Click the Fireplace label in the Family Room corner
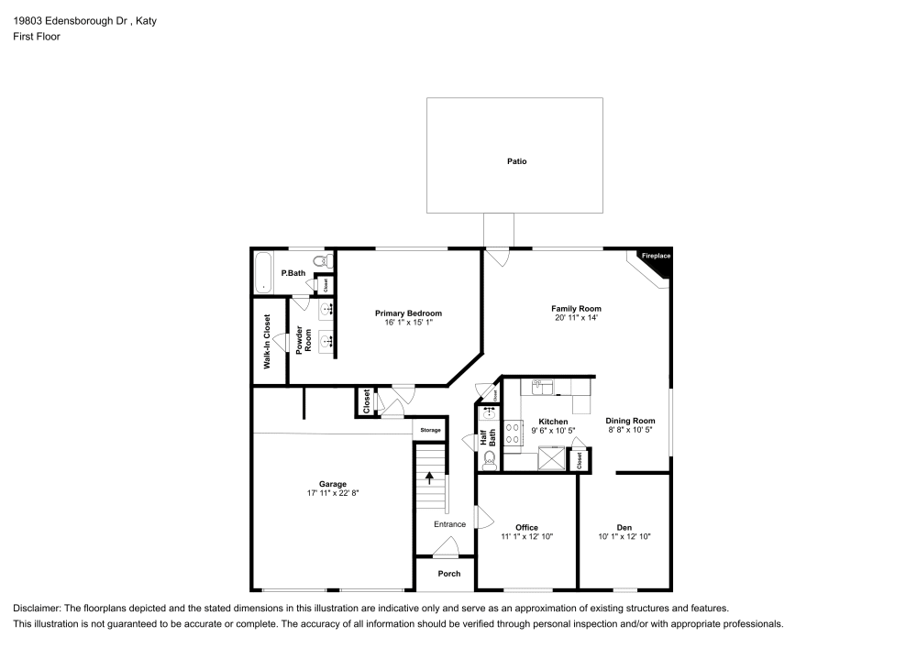tap(656, 256)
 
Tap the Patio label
tap(517, 161)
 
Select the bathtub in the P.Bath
tap(263, 272)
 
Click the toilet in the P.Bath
tap(320, 260)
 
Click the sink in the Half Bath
tap(488, 414)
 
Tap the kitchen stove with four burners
tap(514, 434)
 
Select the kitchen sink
tap(543, 387)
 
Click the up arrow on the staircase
tap(428, 478)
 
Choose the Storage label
tap(430, 430)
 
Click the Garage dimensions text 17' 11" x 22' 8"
tap(333, 493)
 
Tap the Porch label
tap(449, 574)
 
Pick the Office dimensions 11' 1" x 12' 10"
tap(527, 537)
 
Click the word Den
tap(624, 527)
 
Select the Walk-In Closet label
tap(267, 342)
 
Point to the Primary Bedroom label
tap(408, 313)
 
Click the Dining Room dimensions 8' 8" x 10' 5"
tap(630, 431)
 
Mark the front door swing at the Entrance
tap(446, 548)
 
